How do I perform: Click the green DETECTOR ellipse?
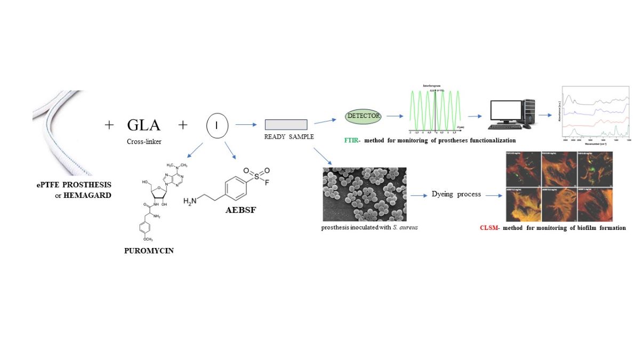click(x=363, y=115)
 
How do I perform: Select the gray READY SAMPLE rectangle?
click(x=286, y=125)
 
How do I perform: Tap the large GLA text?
click(x=143, y=125)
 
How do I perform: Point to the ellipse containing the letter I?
click(x=217, y=125)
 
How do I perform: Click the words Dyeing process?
click(x=456, y=194)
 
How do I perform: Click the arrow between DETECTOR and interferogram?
click(x=395, y=115)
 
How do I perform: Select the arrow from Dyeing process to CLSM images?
click(x=493, y=195)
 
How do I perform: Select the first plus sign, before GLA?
click(x=109, y=125)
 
